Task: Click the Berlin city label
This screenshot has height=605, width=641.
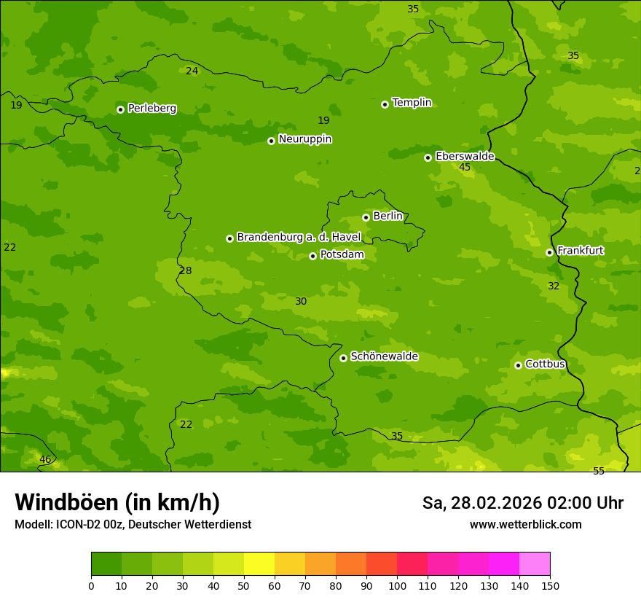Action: point(388,216)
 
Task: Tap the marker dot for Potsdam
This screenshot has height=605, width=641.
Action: point(312,256)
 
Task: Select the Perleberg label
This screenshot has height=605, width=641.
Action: point(152,109)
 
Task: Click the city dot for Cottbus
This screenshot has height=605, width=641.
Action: point(518,365)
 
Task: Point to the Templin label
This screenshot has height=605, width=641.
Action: point(412,103)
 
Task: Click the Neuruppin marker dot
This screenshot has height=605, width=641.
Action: point(271,141)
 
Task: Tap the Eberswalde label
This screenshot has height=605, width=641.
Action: point(465,157)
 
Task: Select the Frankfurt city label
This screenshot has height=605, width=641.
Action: point(580,251)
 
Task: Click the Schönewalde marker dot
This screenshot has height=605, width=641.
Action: point(343,358)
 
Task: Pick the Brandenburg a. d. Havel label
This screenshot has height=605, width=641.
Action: point(299,238)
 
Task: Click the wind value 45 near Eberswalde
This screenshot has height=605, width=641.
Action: point(465,168)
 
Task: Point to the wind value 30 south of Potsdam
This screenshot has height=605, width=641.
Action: point(301,302)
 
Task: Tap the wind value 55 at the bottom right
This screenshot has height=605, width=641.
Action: point(599,472)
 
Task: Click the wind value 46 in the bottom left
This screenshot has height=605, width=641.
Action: point(45,460)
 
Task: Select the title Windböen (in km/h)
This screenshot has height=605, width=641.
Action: point(117,502)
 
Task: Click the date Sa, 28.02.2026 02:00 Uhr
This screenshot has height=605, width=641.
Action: point(522,503)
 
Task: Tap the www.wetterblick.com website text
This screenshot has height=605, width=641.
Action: point(525,525)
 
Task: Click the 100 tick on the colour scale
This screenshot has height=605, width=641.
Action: point(397,585)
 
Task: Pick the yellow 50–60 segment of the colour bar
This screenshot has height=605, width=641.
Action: point(259,564)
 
